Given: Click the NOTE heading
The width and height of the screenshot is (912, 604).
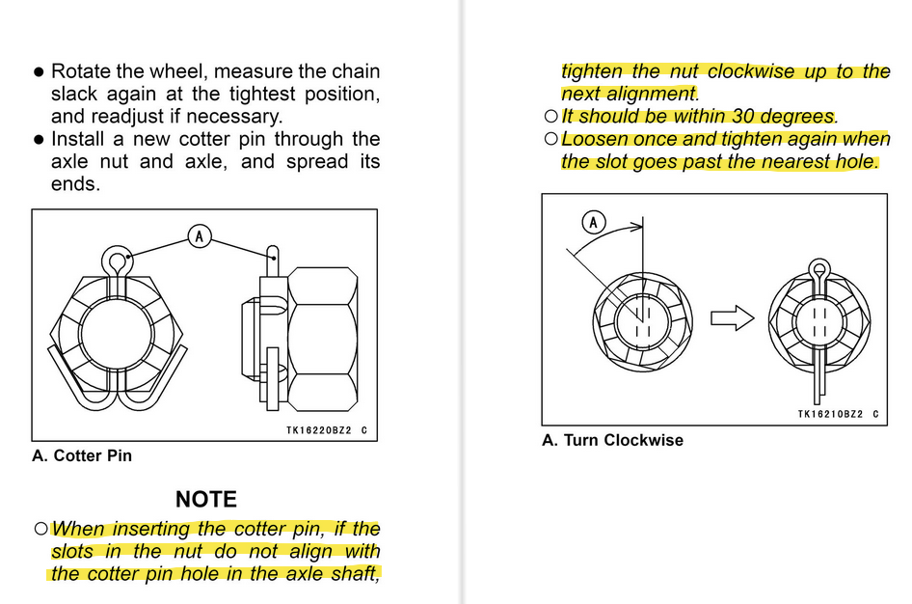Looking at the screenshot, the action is click(x=206, y=499).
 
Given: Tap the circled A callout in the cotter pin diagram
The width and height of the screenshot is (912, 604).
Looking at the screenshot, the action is click(x=200, y=236).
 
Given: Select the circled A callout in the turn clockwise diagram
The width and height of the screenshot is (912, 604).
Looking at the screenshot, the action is click(x=593, y=222).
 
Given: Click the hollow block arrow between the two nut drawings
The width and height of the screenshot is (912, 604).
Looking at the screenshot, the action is click(x=733, y=318).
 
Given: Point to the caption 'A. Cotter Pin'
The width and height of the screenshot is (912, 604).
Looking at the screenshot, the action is click(x=82, y=455).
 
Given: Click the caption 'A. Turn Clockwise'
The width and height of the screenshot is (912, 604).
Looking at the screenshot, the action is click(x=612, y=440).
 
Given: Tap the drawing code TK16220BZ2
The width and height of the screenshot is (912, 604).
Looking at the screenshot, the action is click(x=319, y=430).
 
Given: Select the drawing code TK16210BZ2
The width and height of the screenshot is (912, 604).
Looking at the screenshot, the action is click(x=831, y=414).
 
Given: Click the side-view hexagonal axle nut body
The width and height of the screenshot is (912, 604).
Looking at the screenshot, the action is click(x=322, y=340).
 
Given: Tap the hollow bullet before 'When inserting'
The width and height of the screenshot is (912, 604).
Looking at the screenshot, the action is click(x=40, y=529).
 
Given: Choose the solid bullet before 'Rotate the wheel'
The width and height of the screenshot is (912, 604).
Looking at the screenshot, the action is click(x=39, y=72).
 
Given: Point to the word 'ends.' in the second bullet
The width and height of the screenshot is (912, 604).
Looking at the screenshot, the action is click(x=75, y=184).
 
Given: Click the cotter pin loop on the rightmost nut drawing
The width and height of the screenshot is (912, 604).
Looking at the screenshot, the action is click(x=819, y=268).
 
